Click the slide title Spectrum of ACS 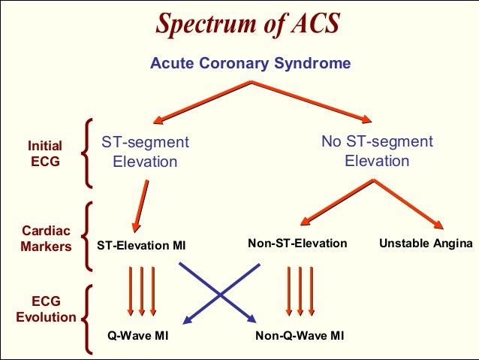(247, 24)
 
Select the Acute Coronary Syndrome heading (250, 63)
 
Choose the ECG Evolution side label (46, 310)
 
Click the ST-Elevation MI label (141, 245)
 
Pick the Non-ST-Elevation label (297, 243)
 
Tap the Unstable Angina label (426, 243)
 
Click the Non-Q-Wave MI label (300, 334)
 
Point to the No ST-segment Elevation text (377, 151)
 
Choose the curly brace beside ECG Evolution (86, 310)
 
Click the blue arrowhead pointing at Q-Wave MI (185, 321)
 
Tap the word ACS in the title (309, 24)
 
